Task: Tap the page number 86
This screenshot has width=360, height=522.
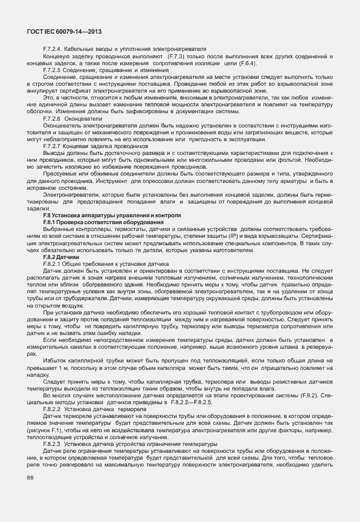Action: click(29, 477)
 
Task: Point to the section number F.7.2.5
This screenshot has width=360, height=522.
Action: click(55, 70)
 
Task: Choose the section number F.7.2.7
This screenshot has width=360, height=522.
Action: click(55, 146)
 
